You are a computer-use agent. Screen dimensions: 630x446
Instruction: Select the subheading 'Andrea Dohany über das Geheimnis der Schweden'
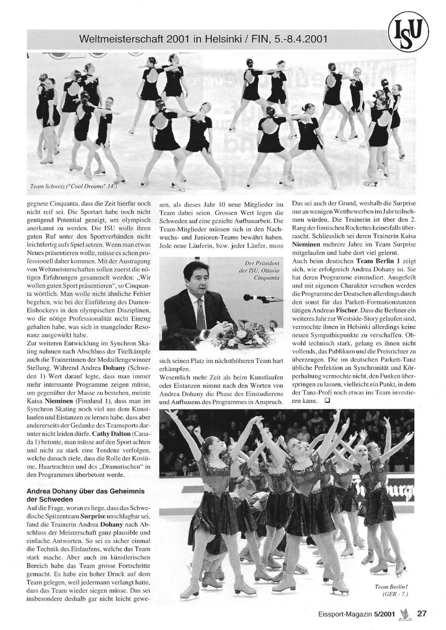point(86,495)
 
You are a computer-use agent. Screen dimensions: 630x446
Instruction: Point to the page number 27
point(422,613)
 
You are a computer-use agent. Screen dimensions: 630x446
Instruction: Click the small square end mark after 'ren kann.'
point(327,401)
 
